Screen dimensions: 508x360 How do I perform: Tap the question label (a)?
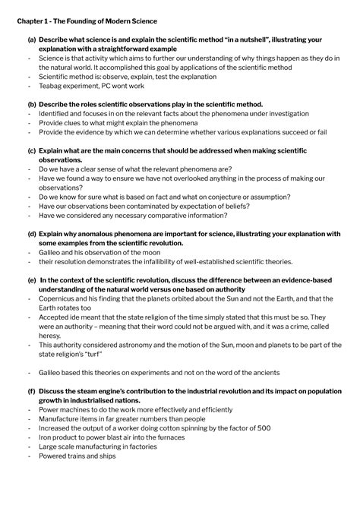click(x=31, y=39)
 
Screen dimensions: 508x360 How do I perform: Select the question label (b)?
click(x=31, y=104)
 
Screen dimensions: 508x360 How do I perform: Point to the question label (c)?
click(x=31, y=151)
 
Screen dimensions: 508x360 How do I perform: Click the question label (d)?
click(x=31, y=235)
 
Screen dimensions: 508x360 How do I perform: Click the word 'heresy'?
click(x=51, y=336)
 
